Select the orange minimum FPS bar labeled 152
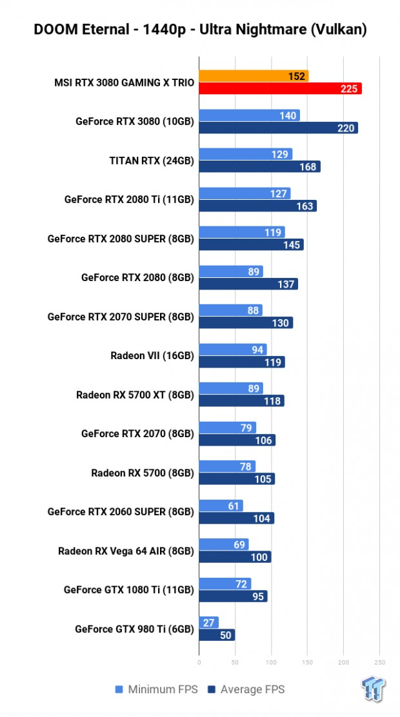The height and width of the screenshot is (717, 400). click(x=254, y=76)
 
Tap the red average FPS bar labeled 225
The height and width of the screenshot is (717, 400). click(x=280, y=88)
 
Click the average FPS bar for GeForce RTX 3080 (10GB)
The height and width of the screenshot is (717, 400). click(x=278, y=128)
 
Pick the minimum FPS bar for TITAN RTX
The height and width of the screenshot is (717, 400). click(x=245, y=154)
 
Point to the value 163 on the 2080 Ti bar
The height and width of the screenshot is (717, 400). click(x=305, y=206)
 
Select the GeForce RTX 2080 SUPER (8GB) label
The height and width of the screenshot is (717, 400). click(x=121, y=239)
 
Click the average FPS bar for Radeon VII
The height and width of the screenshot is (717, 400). click(x=241, y=362)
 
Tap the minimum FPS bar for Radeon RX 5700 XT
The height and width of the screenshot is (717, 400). click(x=230, y=388)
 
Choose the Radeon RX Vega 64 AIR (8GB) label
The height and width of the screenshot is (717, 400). click(x=126, y=551)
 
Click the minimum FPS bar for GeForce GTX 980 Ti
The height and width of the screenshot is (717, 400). click(x=208, y=622)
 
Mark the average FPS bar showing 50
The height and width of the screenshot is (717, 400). click(x=217, y=635)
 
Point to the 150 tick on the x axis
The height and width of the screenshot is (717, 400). click(x=307, y=662)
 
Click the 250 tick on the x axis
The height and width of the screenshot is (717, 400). click(x=379, y=662)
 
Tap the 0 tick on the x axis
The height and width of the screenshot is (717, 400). click(x=199, y=662)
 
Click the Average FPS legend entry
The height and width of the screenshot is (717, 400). click(x=245, y=689)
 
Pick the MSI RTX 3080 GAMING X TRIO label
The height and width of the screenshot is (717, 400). click(x=125, y=83)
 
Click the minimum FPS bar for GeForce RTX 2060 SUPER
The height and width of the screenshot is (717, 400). click(x=221, y=506)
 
